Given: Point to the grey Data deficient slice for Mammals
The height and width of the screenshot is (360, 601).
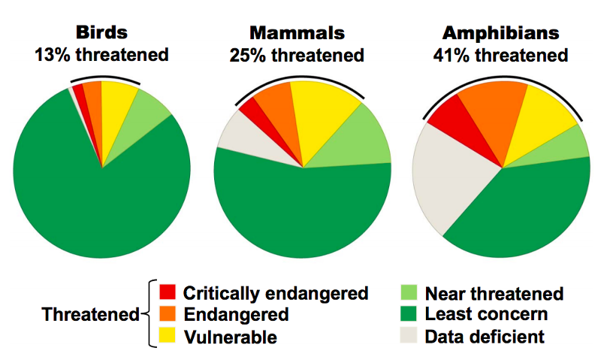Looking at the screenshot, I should [x=240, y=135].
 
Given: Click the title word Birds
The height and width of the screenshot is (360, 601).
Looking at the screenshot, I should [x=101, y=34].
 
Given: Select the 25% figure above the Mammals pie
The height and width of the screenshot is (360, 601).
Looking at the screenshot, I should [x=248, y=56].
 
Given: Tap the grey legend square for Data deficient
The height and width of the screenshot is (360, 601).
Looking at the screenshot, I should [x=409, y=335].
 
